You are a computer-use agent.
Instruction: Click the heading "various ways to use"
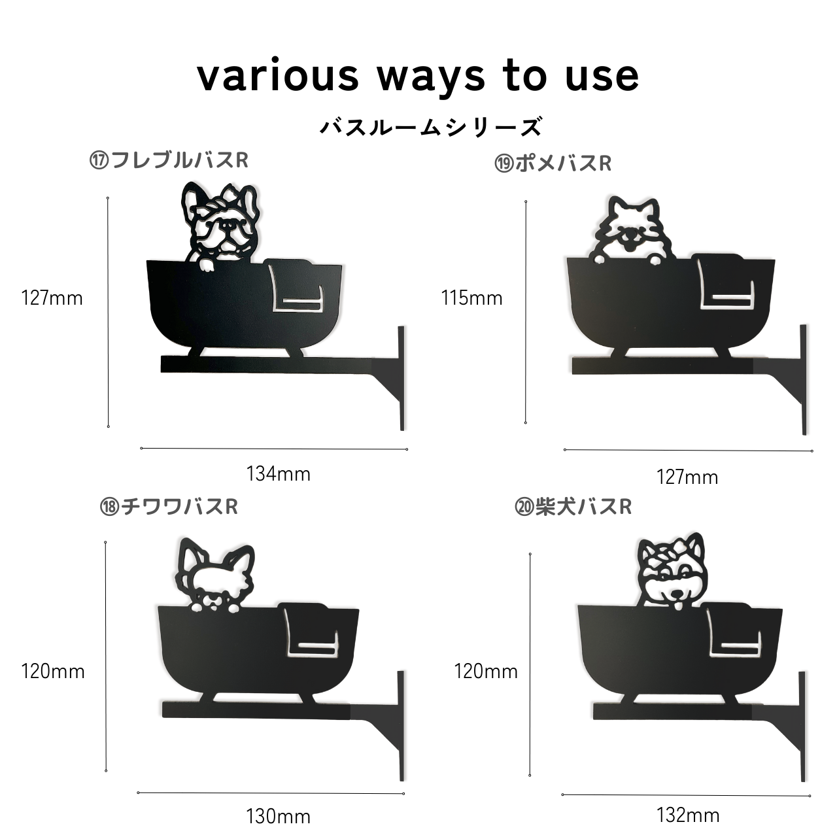coord(418,77)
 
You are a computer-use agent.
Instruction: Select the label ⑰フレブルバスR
coord(169,160)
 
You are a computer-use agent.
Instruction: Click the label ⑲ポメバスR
coord(553,163)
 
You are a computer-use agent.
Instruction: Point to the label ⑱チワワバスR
coord(169,507)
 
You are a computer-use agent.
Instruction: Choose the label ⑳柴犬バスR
coord(573,507)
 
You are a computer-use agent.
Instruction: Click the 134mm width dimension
coord(279,474)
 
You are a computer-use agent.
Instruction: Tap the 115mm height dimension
coord(471,298)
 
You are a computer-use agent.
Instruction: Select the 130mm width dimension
coord(279,817)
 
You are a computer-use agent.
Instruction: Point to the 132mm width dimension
coord(688,815)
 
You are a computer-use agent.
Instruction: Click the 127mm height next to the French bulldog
coord(52,298)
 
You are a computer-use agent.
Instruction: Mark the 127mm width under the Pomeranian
coord(687,477)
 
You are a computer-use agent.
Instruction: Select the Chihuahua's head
coord(214,572)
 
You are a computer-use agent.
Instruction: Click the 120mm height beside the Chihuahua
coord(52,672)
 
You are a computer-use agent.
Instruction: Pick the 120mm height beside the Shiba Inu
coord(486,671)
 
